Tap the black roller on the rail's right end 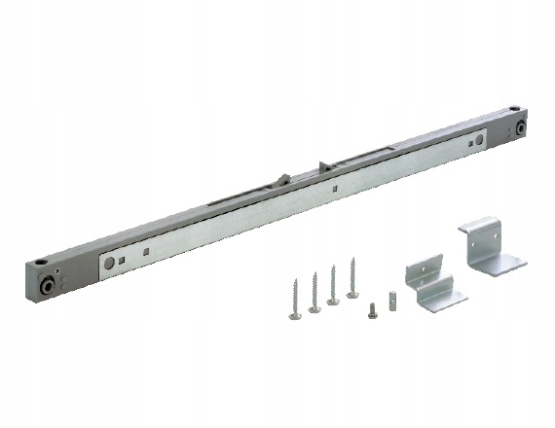pos(521,127)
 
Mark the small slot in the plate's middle pos(332,188)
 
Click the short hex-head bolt pos(373,309)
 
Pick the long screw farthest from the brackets pos(294,296)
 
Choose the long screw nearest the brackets pos(351,275)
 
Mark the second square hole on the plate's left pos(143,252)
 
